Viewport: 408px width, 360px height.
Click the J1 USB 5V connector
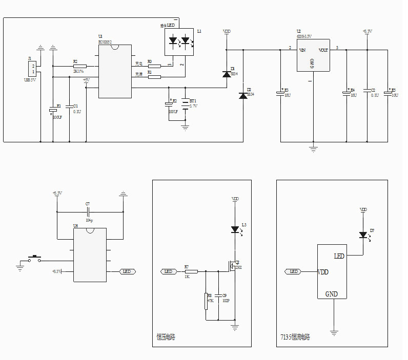[x=33, y=69]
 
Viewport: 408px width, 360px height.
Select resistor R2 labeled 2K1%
[x=79, y=66]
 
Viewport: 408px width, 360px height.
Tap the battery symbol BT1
[x=186, y=103]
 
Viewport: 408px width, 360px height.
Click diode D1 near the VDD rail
[x=227, y=74]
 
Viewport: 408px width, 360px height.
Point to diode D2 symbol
[x=243, y=96]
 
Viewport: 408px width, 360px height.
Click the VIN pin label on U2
[x=302, y=50]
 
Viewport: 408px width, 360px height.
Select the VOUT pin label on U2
[x=323, y=50]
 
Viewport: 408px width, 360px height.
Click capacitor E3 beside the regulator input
[x=280, y=93]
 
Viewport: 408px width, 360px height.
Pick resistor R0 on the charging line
[x=154, y=66]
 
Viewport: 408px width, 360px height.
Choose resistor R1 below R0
[x=154, y=77]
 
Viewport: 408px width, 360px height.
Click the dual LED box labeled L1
[x=178, y=41]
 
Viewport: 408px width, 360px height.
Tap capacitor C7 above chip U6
[x=88, y=211]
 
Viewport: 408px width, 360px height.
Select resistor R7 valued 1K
[x=191, y=271]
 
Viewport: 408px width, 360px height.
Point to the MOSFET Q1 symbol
[x=232, y=267]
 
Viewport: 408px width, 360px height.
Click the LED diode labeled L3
[x=235, y=230]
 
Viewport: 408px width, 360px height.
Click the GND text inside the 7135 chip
[x=332, y=294]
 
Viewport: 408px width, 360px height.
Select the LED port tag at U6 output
[x=127, y=271]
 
